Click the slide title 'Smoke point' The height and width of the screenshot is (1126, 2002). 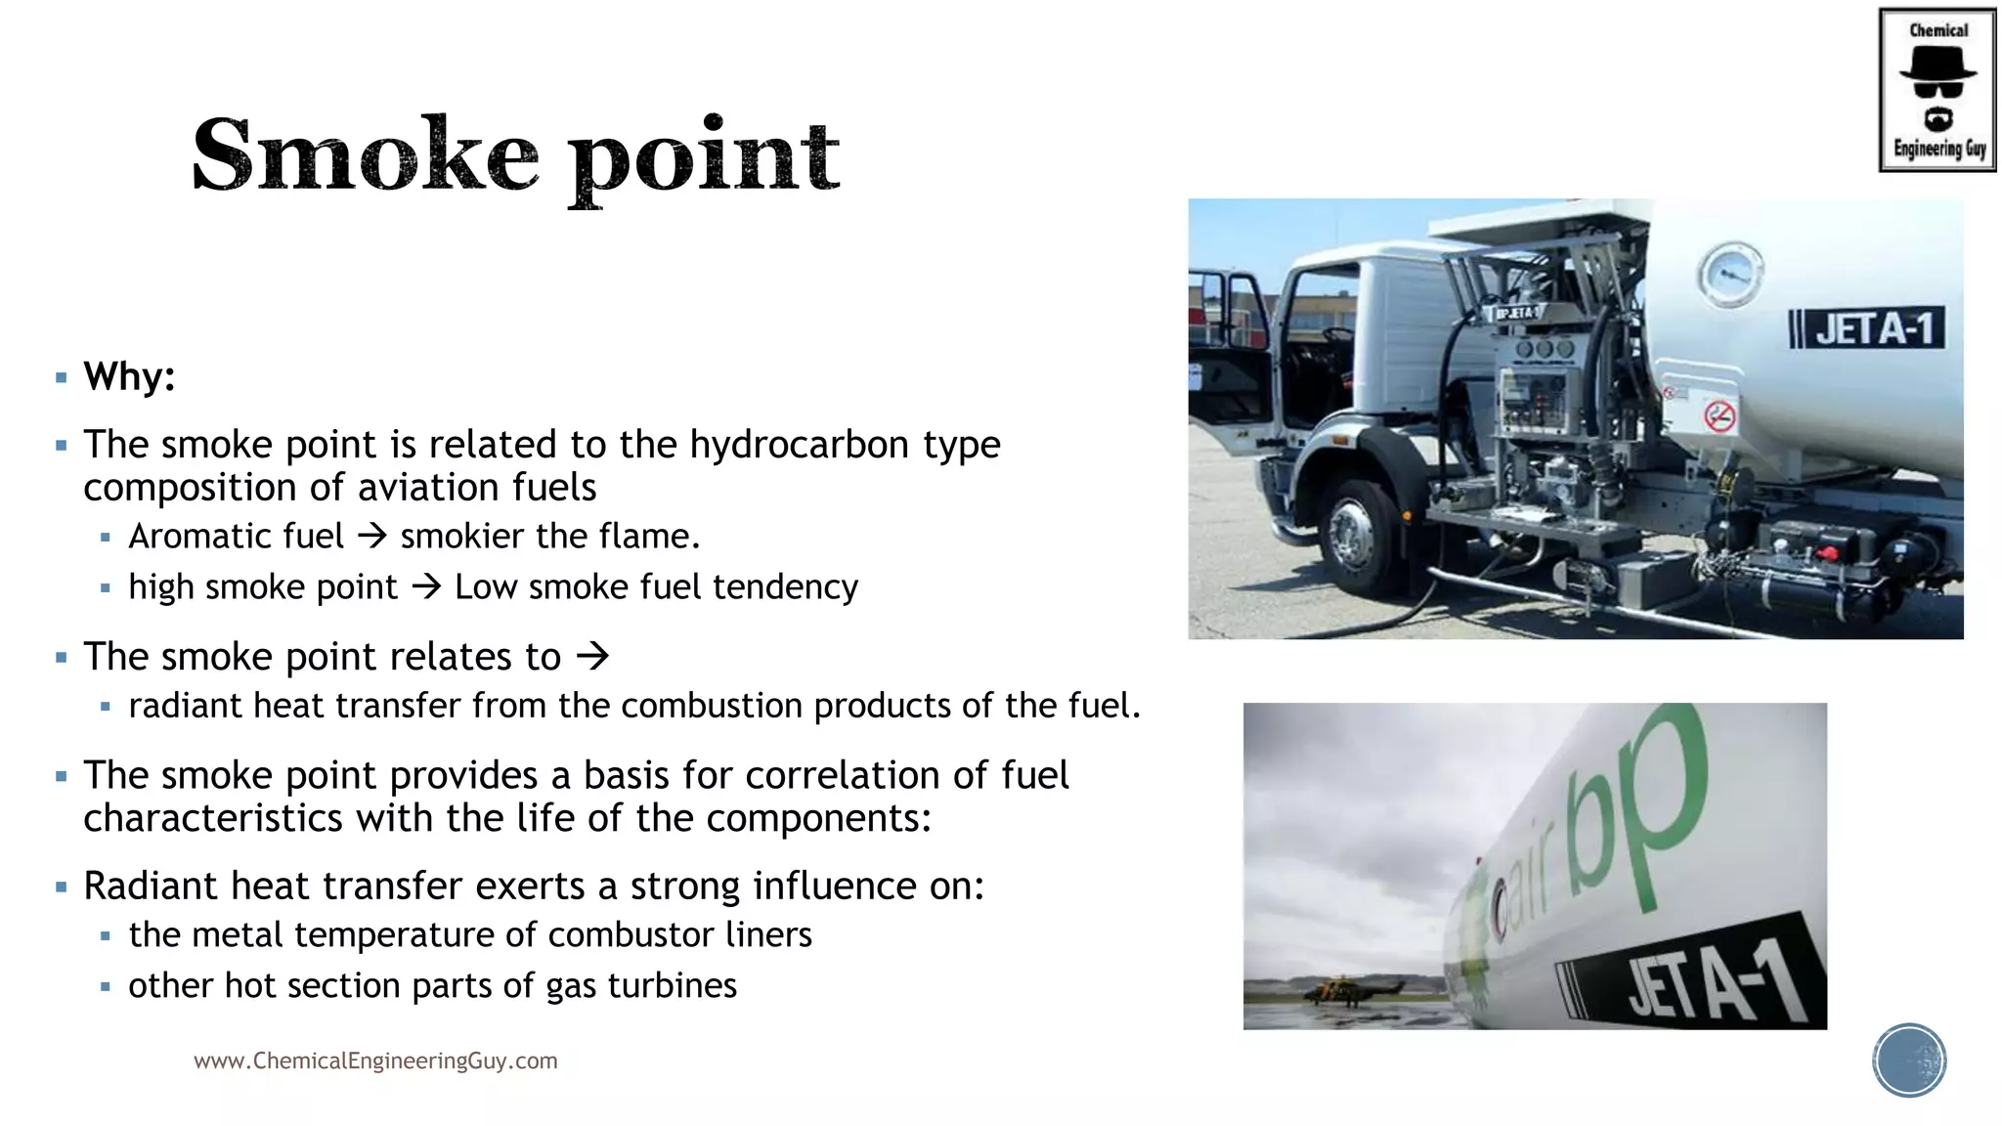[x=515, y=156]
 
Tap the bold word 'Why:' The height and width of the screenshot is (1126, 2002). [x=129, y=376]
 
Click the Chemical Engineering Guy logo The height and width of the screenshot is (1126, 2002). [x=1937, y=90]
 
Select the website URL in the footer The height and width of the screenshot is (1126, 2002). [x=375, y=1061]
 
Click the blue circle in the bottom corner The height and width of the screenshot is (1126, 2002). [x=1909, y=1060]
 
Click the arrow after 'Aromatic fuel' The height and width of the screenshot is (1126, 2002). [x=372, y=536]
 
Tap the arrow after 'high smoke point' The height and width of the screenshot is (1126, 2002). [x=426, y=586]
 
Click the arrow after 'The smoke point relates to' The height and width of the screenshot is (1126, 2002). [x=592, y=656]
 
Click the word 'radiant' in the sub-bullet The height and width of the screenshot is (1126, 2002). [x=185, y=706]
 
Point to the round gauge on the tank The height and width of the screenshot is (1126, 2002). [x=1730, y=274]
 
